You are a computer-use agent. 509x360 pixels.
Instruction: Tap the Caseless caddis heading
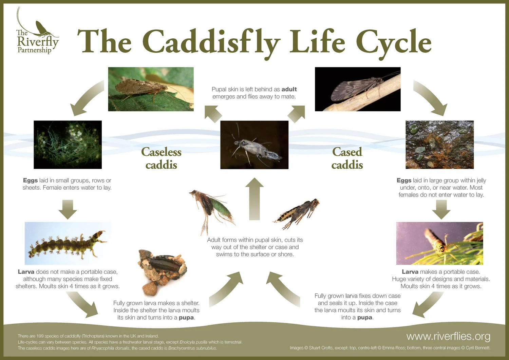coord(161,158)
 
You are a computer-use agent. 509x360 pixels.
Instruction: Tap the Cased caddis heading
coord(347,158)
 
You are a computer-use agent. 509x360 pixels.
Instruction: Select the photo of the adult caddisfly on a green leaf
coord(151,89)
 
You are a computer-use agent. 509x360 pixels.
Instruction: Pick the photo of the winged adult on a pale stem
coord(358,89)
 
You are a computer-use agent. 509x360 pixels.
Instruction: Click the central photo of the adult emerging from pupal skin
coord(254,145)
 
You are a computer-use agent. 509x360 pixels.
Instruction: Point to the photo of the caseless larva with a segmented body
coord(68,243)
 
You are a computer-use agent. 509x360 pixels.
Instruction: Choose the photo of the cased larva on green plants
coord(439,243)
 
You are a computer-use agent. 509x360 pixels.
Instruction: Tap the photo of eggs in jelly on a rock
coord(439,145)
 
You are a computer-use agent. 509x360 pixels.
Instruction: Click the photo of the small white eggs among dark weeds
coord(68,145)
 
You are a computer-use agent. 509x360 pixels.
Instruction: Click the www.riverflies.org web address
coord(448,336)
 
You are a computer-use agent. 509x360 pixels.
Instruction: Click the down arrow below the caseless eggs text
coord(68,209)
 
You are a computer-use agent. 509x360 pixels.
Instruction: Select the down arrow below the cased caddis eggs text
coord(441,209)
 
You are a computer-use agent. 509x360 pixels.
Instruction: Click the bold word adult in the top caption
coord(289,89)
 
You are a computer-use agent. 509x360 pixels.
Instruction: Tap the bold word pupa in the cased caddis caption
coord(365,318)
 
